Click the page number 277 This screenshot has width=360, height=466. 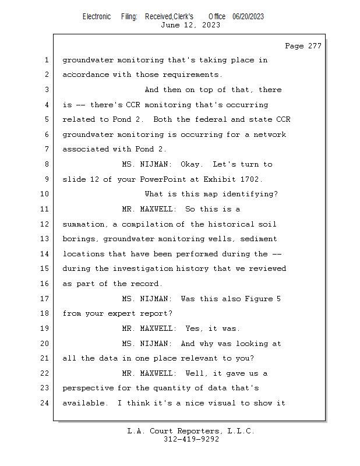[315, 46]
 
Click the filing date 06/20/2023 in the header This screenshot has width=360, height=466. [248, 16]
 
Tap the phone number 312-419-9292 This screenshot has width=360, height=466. [191, 439]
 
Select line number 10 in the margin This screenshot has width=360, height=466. [44, 194]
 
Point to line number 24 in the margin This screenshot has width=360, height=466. [44, 403]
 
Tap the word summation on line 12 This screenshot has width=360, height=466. [83, 224]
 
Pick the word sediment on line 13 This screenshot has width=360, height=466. [258, 239]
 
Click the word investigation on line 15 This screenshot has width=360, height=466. [143, 269]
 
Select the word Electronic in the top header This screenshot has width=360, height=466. [97, 16]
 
